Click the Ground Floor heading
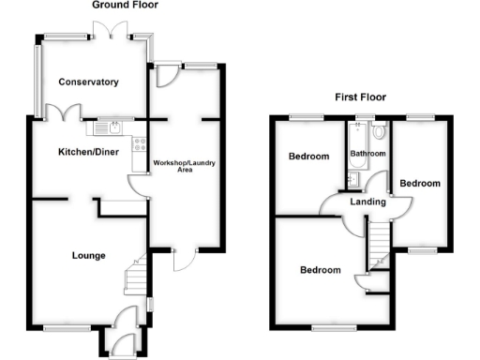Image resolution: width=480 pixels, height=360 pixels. [125, 6]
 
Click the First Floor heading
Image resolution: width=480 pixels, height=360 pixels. [361, 97]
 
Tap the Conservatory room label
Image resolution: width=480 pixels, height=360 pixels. [89, 82]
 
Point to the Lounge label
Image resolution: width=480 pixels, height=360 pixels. [89, 255]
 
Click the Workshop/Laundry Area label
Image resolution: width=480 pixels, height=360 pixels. [185, 167]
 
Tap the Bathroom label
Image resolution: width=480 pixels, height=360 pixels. [367, 153]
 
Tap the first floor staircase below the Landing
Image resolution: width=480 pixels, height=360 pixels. [380, 246]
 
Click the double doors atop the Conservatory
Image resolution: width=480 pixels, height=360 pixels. [115, 36]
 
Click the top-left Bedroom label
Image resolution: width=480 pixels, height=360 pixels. [307, 157]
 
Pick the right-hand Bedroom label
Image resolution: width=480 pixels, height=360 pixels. [419, 184]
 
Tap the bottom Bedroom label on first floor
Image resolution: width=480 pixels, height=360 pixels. [320, 271]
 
